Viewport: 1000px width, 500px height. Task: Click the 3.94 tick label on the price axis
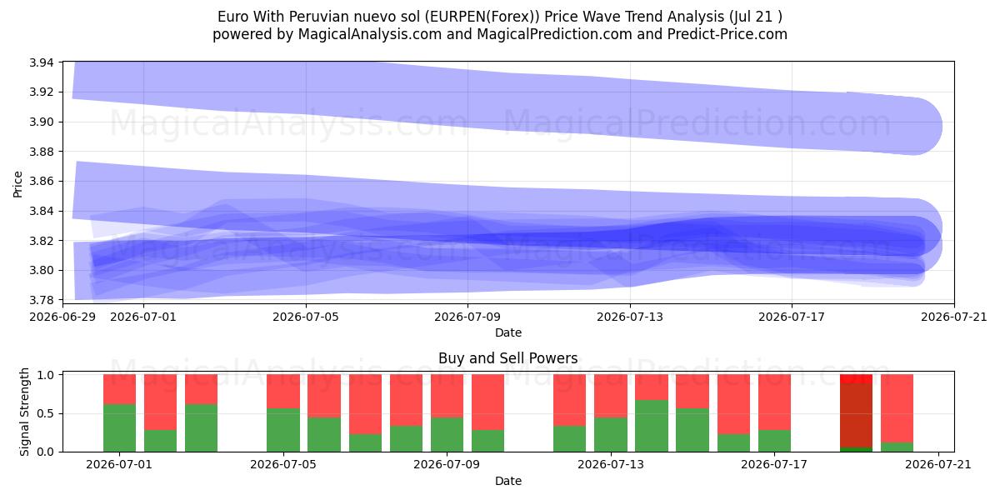pyautogui.click(x=41, y=62)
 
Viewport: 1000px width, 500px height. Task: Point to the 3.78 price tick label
pyautogui.click(x=41, y=300)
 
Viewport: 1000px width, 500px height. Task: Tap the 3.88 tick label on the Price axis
pyautogui.click(x=41, y=152)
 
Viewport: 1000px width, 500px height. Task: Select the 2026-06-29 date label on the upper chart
pyautogui.click(x=62, y=317)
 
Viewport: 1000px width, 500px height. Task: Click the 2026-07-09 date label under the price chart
pyautogui.click(x=467, y=317)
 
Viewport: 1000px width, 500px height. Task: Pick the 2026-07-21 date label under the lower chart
pyautogui.click(x=938, y=465)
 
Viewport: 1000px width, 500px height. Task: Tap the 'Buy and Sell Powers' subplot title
pyautogui.click(x=508, y=358)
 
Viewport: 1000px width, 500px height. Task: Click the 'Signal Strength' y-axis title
pyautogui.click(x=24, y=412)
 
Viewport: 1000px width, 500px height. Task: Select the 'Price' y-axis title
pyautogui.click(x=17, y=184)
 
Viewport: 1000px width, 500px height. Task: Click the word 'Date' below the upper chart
pyautogui.click(x=508, y=332)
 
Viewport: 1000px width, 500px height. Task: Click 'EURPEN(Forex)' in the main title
pyautogui.click(x=482, y=17)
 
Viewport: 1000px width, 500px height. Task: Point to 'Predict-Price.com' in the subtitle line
pyautogui.click(x=727, y=34)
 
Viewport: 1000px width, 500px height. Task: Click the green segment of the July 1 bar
pyautogui.click(x=120, y=428)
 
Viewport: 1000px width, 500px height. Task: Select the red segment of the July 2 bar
pyautogui.click(x=160, y=402)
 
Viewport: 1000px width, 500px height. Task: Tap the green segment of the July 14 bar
pyautogui.click(x=652, y=426)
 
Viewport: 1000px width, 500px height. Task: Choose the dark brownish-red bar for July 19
pyautogui.click(x=857, y=415)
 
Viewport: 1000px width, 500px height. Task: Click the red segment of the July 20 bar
pyautogui.click(x=897, y=408)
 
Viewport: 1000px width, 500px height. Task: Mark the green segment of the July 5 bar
pyautogui.click(x=283, y=430)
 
